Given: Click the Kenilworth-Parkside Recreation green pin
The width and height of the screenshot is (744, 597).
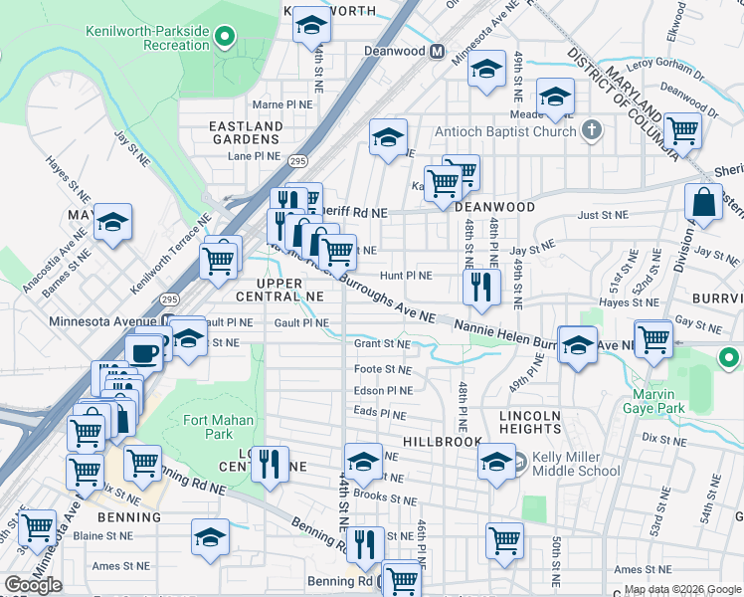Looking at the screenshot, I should (226, 38).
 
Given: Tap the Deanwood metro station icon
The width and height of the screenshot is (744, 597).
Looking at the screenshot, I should (436, 52).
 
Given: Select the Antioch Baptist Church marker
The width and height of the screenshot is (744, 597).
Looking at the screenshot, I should (592, 131).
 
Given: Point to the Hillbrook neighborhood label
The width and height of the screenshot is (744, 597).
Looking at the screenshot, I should (443, 441).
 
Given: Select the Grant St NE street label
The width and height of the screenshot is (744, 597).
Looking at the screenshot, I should (383, 344).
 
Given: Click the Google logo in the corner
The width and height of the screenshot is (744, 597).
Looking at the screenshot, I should (33, 585).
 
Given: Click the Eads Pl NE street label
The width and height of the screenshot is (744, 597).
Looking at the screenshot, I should (380, 414).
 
